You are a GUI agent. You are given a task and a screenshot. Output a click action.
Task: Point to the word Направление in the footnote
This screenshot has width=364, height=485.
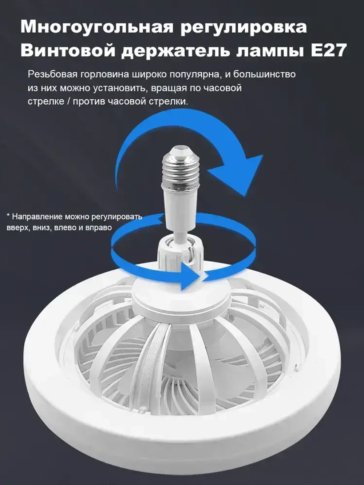point(38,217)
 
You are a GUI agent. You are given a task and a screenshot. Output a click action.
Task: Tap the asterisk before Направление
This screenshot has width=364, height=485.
point(8,216)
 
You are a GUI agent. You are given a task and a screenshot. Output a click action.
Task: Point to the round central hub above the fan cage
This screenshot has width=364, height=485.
point(181,297)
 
